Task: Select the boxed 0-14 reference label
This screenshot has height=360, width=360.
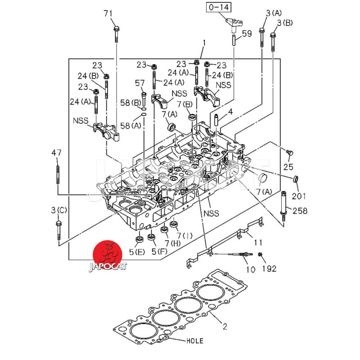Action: tap(218, 7)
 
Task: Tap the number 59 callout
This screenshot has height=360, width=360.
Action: tap(247, 33)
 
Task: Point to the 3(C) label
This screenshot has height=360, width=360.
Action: tap(58, 210)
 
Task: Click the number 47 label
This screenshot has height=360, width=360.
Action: tap(56, 153)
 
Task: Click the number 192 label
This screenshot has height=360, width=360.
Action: tap(270, 269)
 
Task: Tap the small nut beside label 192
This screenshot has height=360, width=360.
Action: tap(261, 256)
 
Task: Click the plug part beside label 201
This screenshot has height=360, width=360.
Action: tap(296, 180)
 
